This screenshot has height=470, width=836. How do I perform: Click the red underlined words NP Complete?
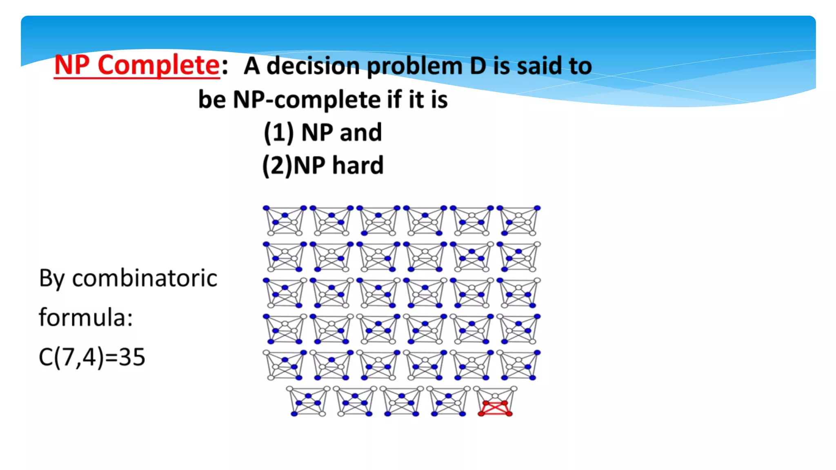point(137,65)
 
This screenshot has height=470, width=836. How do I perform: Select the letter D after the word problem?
point(478,66)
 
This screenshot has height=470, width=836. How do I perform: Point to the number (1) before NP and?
point(278,133)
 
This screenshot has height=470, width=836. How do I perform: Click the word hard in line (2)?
point(358,165)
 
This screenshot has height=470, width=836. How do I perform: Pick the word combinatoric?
point(145,279)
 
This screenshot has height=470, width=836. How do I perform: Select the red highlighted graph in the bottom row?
point(495,401)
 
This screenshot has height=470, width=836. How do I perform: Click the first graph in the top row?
point(285,221)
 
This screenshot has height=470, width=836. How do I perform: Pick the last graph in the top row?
point(518,221)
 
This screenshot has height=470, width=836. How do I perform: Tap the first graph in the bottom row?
point(308,401)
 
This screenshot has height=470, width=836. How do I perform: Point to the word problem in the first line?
point(414,66)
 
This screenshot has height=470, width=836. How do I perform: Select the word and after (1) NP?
point(361,133)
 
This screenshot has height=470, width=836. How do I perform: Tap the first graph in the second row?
point(285,257)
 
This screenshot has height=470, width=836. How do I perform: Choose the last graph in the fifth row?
point(518,365)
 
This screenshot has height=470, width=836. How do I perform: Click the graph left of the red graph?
point(448,401)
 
